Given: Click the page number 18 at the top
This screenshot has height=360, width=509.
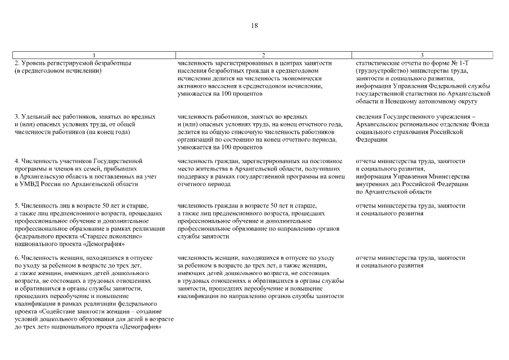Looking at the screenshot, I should coord(254,26).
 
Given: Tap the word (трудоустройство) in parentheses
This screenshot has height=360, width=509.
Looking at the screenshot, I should coord(382,71).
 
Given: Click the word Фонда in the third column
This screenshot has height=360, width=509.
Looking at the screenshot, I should coord(481,124).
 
